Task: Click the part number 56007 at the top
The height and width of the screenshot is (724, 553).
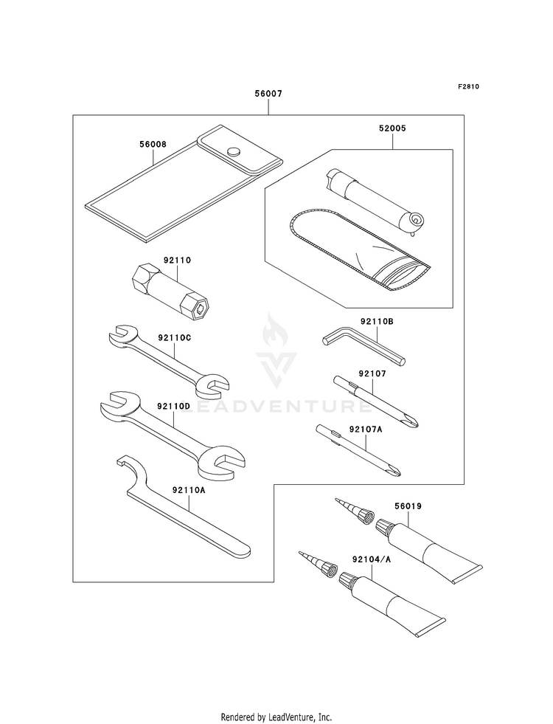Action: (268, 94)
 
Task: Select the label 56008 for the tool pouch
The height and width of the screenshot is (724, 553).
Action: (153, 145)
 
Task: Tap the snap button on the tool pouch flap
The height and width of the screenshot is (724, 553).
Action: (234, 151)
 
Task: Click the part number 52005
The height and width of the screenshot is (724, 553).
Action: (392, 128)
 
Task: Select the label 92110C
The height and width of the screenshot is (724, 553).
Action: (175, 339)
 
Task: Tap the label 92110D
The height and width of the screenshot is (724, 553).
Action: (174, 407)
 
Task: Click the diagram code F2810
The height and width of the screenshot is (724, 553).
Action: (468, 86)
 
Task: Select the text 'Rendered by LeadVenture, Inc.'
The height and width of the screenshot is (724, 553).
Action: (276, 717)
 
